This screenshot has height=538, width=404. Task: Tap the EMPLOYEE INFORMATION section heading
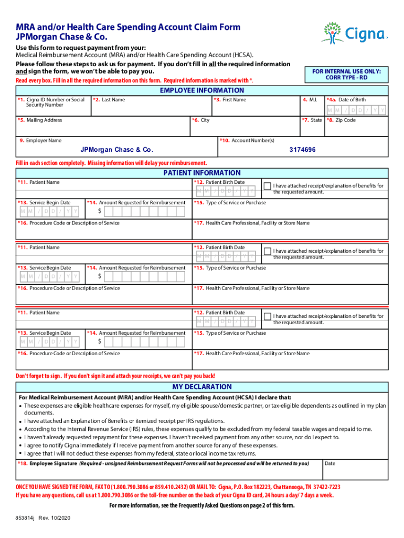click(x=201, y=90)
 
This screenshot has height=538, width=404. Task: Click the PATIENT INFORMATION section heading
click(x=201, y=173)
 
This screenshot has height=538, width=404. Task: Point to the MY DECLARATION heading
click(x=201, y=387)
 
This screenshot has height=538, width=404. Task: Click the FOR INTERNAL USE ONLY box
click(x=346, y=74)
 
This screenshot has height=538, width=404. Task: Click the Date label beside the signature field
click(x=330, y=463)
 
